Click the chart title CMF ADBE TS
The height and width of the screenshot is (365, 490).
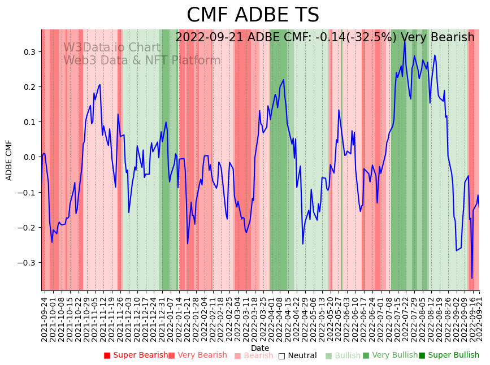(x=253, y=15)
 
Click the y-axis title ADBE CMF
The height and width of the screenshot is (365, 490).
(x=9, y=160)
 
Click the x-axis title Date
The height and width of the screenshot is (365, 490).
(x=260, y=348)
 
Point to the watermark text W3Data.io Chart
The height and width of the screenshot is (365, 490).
(x=111, y=47)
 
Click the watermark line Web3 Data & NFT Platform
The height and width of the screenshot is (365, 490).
(x=142, y=60)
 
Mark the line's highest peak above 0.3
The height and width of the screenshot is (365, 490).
(x=405, y=40)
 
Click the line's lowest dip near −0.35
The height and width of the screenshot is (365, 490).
(x=472, y=278)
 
